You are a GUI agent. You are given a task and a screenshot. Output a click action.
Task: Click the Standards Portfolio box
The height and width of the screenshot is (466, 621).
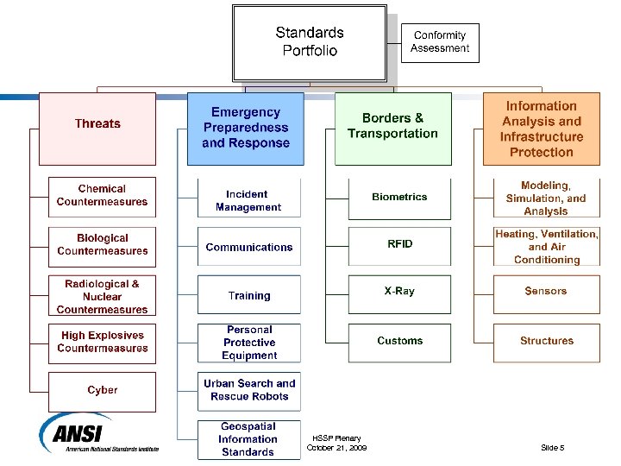point(310,42)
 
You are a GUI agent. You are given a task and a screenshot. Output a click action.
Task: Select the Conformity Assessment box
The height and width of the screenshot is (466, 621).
point(440,42)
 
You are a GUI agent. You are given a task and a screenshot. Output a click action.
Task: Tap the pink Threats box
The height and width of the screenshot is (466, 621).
point(97,129)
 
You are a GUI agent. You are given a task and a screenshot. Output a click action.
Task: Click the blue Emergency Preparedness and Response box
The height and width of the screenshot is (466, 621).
point(246,129)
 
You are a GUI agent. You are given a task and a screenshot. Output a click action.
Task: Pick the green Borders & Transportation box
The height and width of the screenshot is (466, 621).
point(392,129)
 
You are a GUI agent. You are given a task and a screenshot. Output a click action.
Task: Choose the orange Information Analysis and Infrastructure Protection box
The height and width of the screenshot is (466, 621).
point(541,129)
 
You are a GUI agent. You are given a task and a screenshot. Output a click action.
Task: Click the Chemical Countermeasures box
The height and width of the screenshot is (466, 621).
point(102,196)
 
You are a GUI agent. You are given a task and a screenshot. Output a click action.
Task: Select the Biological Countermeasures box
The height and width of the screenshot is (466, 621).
point(102,245)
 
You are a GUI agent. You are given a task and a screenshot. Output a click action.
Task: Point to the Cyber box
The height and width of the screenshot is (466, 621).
point(102,391)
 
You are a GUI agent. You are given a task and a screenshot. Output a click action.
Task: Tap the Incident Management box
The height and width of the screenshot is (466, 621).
point(248,201)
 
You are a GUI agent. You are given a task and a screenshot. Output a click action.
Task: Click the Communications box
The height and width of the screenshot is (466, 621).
point(248,248)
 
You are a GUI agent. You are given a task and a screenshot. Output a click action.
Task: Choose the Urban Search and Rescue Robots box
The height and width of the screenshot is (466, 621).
point(248,390)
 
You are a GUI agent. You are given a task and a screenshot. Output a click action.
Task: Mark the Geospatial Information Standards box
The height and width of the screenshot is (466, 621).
point(248,439)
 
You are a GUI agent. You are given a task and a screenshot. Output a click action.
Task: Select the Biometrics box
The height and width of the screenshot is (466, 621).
point(399,198)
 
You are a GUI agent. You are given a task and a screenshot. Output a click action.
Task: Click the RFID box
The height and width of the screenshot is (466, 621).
point(399,246)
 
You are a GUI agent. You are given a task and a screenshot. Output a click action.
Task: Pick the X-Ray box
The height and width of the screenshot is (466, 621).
point(399,293)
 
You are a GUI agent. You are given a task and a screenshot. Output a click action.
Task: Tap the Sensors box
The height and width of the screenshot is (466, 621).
point(546,293)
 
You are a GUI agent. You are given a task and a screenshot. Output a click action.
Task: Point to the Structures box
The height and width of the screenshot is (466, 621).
point(546,342)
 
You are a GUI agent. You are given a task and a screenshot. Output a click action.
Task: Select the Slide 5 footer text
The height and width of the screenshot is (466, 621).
point(552,448)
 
